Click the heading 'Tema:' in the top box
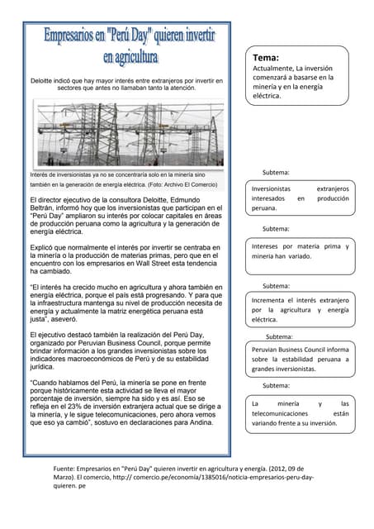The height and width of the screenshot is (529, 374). point(267,58)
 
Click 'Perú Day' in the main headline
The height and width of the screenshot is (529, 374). point(128,37)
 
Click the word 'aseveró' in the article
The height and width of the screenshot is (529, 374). point(70,318)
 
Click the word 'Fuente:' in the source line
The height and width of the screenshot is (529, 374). point(69,468)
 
